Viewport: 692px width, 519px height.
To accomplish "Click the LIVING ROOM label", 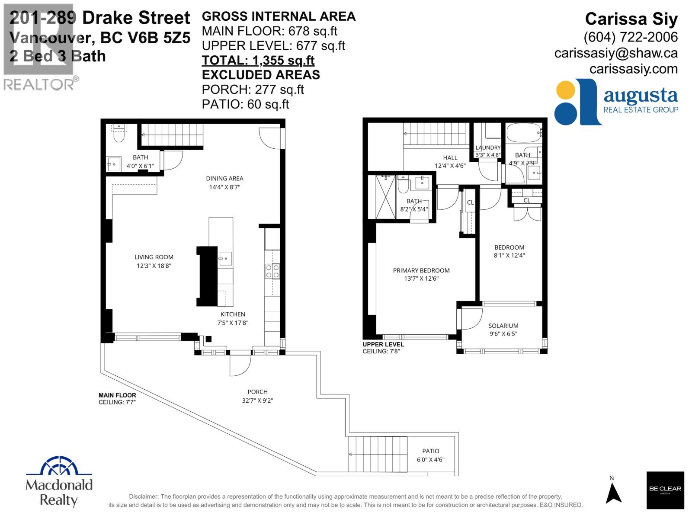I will click(x=154, y=257).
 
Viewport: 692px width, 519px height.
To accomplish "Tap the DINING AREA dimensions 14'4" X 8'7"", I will click(x=224, y=187).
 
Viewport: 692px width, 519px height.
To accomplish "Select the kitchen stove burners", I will click(x=272, y=271).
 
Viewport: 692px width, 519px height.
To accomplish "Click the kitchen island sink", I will click(x=225, y=259).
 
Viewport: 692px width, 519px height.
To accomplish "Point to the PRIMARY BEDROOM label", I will click(x=421, y=270).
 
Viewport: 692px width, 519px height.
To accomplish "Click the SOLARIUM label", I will click(x=503, y=326).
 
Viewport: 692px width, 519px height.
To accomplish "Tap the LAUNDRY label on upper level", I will click(x=488, y=147).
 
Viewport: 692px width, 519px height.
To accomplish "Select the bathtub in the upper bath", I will click(x=523, y=133).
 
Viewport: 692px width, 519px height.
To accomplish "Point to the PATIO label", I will click(x=430, y=451).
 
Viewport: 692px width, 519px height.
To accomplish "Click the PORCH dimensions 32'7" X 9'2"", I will click(x=257, y=400).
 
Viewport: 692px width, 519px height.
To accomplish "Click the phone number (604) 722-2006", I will click(x=630, y=37).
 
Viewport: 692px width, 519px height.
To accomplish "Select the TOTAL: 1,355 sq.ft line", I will click(x=258, y=61).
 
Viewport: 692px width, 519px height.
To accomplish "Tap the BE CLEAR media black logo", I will click(x=665, y=490).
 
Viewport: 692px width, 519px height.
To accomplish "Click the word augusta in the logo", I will click(x=641, y=95).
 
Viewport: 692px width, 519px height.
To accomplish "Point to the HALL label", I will click(x=450, y=158).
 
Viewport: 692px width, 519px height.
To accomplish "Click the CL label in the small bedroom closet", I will click(x=526, y=200).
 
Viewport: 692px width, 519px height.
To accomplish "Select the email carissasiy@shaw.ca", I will click(x=616, y=53).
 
